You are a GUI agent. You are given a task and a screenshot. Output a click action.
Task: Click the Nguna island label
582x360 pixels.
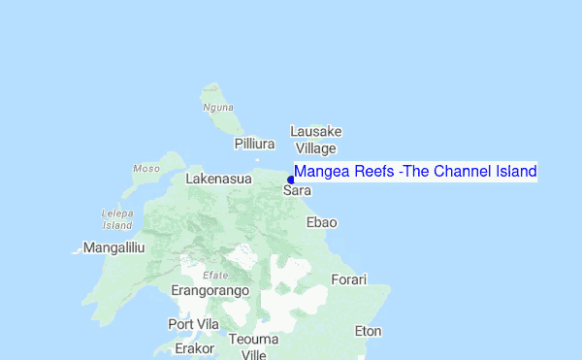click(x=218, y=107)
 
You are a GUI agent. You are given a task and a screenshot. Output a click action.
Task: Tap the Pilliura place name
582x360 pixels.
click(x=255, y=144)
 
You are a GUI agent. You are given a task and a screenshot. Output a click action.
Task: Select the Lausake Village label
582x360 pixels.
click(x=316, y=140)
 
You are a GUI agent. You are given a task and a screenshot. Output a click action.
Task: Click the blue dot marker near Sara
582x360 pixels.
click(x=291, y=179)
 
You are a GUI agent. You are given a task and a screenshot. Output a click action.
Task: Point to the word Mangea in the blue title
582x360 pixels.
click(x=319, y=172)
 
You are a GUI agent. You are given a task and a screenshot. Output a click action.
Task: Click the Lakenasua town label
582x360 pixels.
click(x=218, y=180)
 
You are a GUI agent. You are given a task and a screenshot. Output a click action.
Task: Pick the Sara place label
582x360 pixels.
click(x=297, y=191)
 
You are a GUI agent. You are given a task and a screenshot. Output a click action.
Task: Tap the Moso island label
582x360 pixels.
click(x=146, y=169)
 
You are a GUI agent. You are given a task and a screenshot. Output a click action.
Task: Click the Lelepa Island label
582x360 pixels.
click(x=116, y=218)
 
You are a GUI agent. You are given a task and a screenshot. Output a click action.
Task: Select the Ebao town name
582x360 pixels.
click(x=322, y=222)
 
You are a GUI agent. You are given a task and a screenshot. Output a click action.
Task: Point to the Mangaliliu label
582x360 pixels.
click(x=113, y=247)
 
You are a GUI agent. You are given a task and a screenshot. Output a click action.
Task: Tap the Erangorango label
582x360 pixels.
click(x=210, y=290)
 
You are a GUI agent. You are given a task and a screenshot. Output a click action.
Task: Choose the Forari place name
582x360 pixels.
click(x=349, y=279)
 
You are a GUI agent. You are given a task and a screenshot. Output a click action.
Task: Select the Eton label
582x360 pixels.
click(x=368, y=331)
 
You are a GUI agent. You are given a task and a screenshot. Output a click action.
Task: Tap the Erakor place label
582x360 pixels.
click(x=194, y=347)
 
